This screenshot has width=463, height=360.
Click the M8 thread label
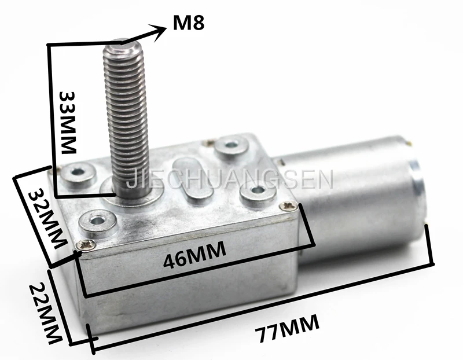pos(189,23)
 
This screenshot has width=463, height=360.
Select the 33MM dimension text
pos(68,122)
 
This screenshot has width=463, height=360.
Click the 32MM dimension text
pos(47,219)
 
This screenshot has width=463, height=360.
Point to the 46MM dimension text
pos(194,255)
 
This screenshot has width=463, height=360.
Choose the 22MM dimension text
pos(46,313)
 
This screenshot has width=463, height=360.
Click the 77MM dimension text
pos(288,328)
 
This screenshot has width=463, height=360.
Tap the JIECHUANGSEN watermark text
pos(230,179)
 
